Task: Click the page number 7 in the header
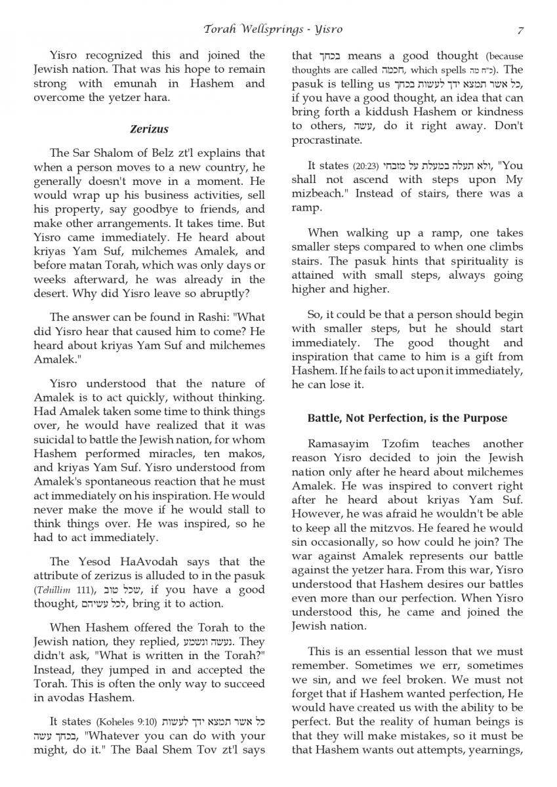tap(520, 30)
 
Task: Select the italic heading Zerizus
tap(149, 129)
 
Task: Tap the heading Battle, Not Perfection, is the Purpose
tap(407, 418)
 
